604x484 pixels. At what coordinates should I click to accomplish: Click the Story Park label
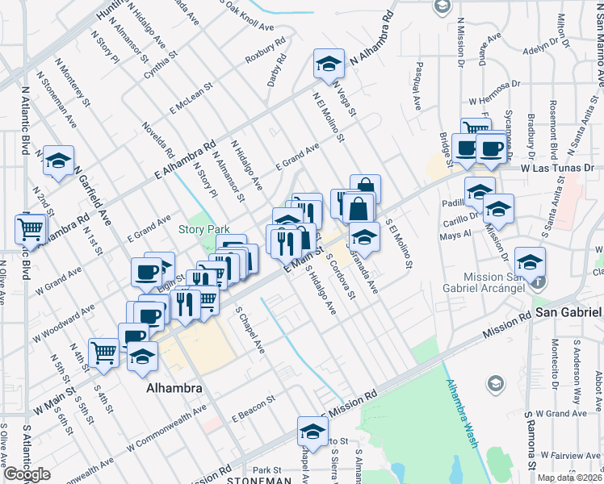[x=204, y=230]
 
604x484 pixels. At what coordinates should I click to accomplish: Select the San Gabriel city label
[x=568, y=312]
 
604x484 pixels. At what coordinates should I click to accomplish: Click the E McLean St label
[x=191, y=97]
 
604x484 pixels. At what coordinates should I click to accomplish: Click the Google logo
[x=27, y=475]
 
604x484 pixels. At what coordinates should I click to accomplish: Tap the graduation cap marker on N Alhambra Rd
[x=329, y=65]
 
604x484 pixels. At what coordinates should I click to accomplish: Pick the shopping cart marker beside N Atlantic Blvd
[x=31, y=229]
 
